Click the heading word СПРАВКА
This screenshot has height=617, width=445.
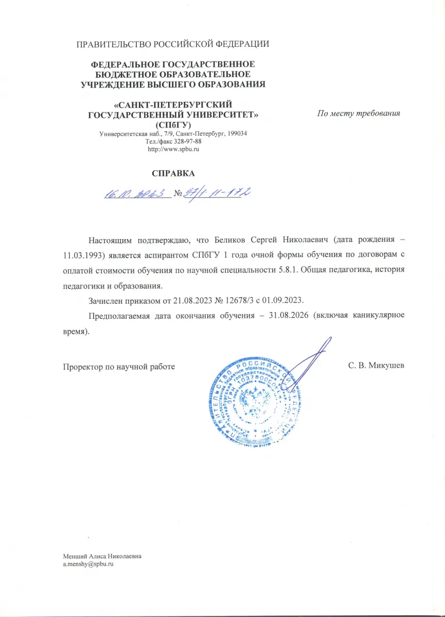173,173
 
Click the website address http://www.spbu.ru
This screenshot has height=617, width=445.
173,149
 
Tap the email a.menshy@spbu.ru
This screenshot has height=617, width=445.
87,564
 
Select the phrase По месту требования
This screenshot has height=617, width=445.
359,113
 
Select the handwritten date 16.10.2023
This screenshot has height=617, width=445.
137,194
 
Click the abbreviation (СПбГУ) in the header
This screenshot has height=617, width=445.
173,124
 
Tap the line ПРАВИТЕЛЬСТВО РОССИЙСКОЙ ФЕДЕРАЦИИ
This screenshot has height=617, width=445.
173,44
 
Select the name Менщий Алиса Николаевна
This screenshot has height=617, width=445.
102,556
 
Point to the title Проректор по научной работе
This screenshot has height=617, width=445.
119,367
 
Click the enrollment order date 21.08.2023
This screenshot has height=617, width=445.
172,300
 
